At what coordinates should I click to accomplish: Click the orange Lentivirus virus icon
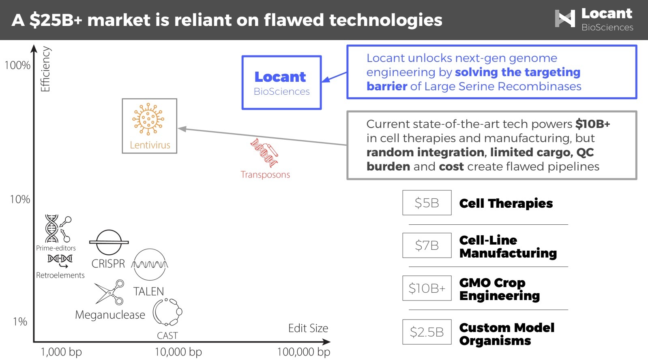[x=148, y=119]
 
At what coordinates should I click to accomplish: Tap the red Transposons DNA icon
[x=264, y=153]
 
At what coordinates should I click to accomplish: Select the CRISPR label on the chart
[x=108, y=264]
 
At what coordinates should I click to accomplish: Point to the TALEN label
[x=148, y=292]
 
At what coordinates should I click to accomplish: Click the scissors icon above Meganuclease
[x=109, y=292]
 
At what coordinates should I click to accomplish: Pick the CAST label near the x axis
[x=167, y=336]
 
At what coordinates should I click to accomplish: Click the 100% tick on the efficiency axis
[x=17, y=65]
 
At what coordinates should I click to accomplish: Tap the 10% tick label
[x=20, y=199]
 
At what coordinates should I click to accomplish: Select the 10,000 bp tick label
[x=178, y=352]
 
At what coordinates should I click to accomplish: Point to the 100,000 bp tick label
[x=303, y=352]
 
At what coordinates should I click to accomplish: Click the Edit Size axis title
[x=308, y=328]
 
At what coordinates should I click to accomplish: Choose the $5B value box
[x=427, y=203]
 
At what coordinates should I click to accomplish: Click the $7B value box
[x=427, y=245]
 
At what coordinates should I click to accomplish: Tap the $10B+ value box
[x=427, y=288]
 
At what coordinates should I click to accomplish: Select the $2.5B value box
[x=427, y=332]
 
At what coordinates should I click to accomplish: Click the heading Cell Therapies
[x=506, y=203]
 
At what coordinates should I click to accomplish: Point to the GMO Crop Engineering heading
[x=499, y=289]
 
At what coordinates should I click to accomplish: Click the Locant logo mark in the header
[x=565, y=19]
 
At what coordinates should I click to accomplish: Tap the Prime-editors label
[x=56, y=248]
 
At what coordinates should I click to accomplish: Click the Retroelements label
[x=60, y=275]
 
